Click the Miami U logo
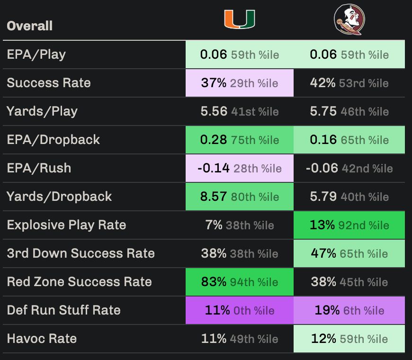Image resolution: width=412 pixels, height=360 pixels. tap(239, 19)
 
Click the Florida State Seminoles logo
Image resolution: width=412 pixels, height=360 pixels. tap(349, 19)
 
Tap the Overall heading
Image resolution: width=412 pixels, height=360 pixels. tap(29, 26)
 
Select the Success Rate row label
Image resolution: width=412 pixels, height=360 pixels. tap(48, 83)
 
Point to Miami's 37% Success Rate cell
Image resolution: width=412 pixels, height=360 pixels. tap(239, 83)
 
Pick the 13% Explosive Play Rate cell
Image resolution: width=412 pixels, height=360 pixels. tap(349, 225)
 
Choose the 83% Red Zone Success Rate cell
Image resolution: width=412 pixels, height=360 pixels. tap(239, 282)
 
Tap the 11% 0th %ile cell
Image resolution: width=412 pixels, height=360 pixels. tap(239, 310)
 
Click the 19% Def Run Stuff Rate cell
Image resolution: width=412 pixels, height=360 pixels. tap(349, 310)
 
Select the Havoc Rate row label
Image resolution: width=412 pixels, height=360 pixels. tap(42, 339)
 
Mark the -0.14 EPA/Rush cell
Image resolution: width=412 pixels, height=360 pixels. tap(239, 168)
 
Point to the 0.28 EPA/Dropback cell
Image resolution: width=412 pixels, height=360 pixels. tap(239, 140)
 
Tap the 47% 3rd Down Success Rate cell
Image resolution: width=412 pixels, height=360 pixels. tap(349, 253)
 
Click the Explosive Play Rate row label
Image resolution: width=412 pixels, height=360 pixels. tap(66, 225)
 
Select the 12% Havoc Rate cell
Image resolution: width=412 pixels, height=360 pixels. tap(349, 339)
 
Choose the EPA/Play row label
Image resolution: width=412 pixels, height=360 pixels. tap(36, 54)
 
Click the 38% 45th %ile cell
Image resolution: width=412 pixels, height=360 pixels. tap(349, 282)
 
